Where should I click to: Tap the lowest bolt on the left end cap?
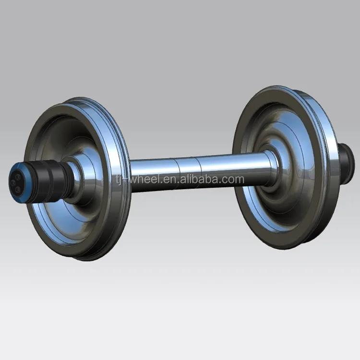pyautogui.click(x=18, y=190)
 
